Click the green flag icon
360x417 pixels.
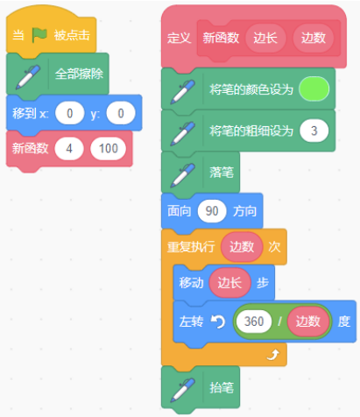(x=39, y=35)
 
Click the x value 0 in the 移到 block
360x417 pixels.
(x=70, y=113)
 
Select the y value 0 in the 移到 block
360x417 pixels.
(x=121, y=113)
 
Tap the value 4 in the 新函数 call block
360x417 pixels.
(x=69, y=148)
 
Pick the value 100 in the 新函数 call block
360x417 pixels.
(x=109, y=148)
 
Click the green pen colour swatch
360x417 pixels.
(x=314, y=89)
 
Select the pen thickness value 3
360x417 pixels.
(x=314, y=131)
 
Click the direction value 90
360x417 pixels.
(x=212, y=211)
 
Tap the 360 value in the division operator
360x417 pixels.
(x=254, y=322)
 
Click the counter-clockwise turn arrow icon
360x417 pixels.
(x=218, y=322)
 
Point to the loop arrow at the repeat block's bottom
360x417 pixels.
(x=273, y=355)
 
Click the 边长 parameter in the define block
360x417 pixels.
(x=265, y=38)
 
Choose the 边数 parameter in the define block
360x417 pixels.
(x=314, y=38)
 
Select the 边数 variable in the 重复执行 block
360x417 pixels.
(x=242, y=247)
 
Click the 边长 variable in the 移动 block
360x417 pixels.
(x=229, y=283)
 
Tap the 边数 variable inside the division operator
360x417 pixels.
(x=308, y=322)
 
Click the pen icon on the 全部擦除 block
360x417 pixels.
(x=28, y=77)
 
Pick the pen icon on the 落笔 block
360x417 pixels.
(x=183, y=175)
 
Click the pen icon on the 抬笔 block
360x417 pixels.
(x=183, y=390)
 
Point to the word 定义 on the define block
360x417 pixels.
(x=179, y=39)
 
